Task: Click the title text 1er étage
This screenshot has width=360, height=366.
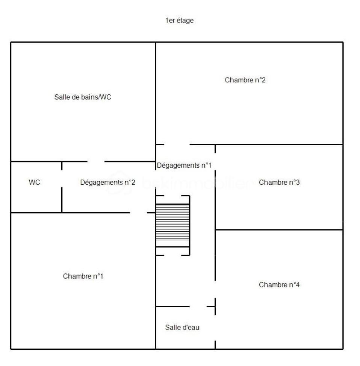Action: click(x=180, y=21)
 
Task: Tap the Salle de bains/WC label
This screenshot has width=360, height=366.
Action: click(x=83, y=97)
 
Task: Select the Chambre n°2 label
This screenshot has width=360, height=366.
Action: click(x=245, y=80)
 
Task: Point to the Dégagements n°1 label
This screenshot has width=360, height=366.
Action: click(x=184, y=165)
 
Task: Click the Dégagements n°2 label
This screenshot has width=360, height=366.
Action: click(x=107, y=182)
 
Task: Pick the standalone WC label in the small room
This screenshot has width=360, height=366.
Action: click(x=34, y=182)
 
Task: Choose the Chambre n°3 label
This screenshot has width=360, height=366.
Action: click(x=279, y=182)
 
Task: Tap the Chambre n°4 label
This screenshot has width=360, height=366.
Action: click(x=279, y=285)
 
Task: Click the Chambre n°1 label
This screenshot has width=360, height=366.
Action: click(x=83, y=276)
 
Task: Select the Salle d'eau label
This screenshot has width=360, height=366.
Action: click(x=182, y=328)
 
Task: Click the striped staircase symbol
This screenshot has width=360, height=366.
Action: click(x=172, y=225)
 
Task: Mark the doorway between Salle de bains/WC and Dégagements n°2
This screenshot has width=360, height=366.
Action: click(x=95, y=162)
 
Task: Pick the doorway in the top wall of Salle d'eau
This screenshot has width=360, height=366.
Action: click(x=198, y=307)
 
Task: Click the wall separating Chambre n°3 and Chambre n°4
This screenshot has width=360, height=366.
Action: click(x=279, y=230)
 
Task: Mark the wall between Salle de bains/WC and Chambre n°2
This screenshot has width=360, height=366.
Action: click(x=156, y=94)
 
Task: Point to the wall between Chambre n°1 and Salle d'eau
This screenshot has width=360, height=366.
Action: click(x=156, y=327)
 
